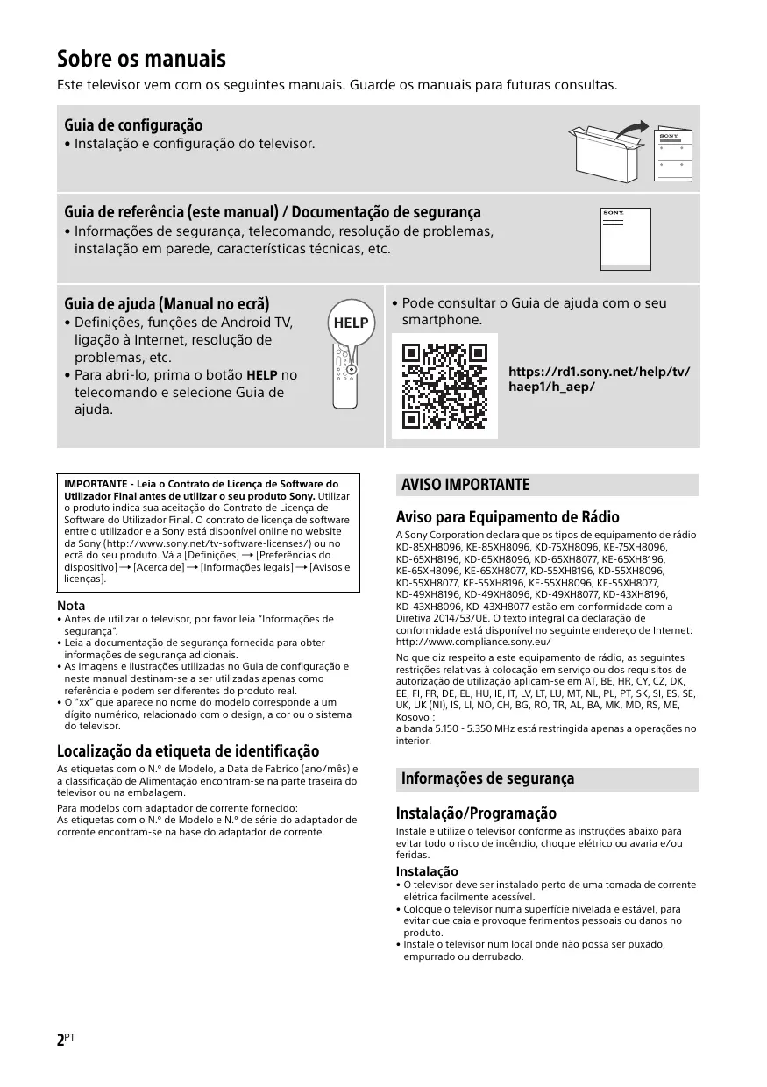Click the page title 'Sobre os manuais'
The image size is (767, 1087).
[141, 60]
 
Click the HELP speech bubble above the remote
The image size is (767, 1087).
[352, 323]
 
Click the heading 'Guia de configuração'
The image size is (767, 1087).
[133, 125]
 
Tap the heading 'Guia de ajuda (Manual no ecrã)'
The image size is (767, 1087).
[167, 304]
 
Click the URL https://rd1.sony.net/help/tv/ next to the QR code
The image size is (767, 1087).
[599, 372]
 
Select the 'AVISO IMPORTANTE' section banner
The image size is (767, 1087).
[465, 485]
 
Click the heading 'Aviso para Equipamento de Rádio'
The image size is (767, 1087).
[508, 516]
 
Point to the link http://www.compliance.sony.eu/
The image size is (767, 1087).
[473, 642]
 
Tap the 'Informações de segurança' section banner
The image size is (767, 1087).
[487, 778]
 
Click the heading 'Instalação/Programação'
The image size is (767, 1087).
[476, 813]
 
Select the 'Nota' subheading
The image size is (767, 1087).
[71, 606]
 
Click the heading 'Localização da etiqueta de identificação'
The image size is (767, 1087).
[188, 751]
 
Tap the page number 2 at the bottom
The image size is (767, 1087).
[61, 1041]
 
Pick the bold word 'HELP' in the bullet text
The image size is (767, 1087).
[262, 376]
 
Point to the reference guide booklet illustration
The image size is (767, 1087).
[626, 238]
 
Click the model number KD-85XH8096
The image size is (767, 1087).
[425, 546]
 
